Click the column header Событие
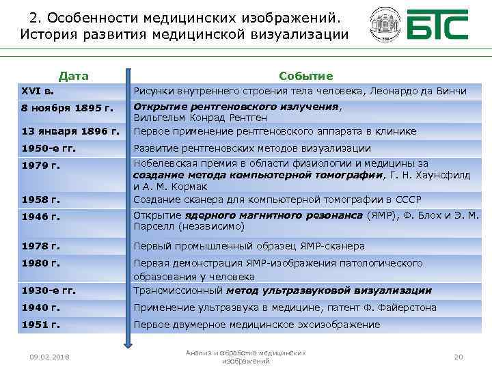(305, 76)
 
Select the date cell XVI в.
(36, 91)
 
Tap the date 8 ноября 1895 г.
(66, 108)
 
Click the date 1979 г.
(41, 165)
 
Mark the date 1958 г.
(41, 200)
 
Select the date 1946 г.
(41, 217)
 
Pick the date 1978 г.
(41, 246)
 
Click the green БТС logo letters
(437, 26)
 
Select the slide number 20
(459, 357)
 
